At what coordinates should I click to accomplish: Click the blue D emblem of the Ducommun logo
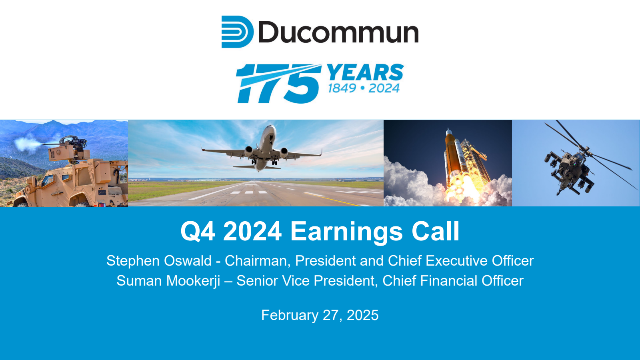(x=237, y=32)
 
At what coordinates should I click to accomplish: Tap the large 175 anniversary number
(x=278, y=84)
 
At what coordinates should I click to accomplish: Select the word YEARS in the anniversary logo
(x=365, y=72)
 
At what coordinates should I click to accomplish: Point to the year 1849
(x=342, y=88)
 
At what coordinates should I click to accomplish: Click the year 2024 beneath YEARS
(x=384, y=88)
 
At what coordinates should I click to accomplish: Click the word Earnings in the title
(x=346, y=232)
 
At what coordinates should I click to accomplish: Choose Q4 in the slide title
(x=198, y=232)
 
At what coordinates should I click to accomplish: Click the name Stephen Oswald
(x=159, y=261)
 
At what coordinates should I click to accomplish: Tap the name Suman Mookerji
(x=168, y=280)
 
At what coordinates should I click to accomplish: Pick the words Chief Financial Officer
(x=453, y=280)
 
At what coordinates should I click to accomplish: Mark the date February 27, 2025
(x=320, y=315)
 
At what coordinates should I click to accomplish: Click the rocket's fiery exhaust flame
(x=463, y=188)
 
